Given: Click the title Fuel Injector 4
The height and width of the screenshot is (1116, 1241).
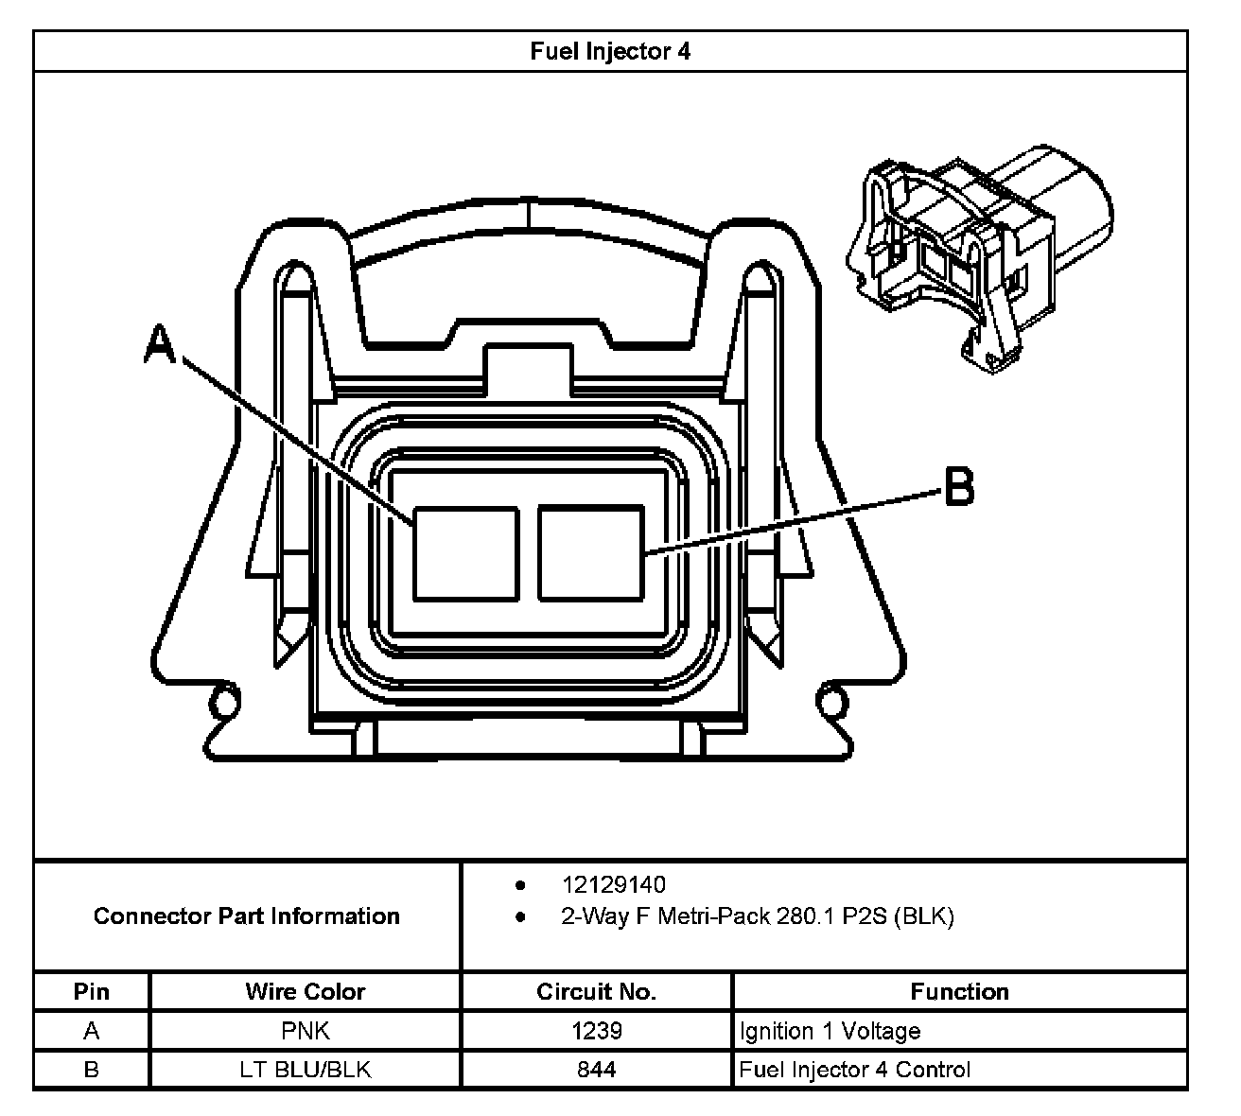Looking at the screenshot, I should [610, 51].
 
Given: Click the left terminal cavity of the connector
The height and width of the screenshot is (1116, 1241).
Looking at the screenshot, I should [466, 553].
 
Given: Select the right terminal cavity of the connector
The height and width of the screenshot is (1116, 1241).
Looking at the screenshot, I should [591, 553].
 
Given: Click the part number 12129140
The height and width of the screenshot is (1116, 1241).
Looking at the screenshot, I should [613, 885].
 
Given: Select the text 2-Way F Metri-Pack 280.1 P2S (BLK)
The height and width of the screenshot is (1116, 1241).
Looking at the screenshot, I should [757, 916].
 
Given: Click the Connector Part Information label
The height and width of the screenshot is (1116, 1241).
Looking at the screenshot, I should [247, 916].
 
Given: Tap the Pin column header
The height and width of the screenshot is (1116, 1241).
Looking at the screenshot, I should [92, 992].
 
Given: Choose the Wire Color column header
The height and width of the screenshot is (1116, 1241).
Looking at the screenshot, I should [305, 992].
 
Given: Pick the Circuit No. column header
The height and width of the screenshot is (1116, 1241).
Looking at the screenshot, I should [596, 992].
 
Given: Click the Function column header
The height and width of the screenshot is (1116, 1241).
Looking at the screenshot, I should [959, 992].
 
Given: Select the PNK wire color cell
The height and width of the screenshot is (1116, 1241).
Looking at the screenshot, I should [305, 1031].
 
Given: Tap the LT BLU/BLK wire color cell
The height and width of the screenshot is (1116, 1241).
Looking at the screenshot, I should [305, 1070].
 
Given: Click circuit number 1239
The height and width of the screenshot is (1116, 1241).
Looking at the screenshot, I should [596, 1031].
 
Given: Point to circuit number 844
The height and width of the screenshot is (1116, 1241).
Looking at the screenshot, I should [596, 1070].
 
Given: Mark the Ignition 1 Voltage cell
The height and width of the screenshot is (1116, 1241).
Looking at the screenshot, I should [830, 1031].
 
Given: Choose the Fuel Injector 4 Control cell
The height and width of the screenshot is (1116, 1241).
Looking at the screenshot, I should [854, 1070].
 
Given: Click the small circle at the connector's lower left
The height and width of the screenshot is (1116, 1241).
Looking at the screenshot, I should [225, 703].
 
